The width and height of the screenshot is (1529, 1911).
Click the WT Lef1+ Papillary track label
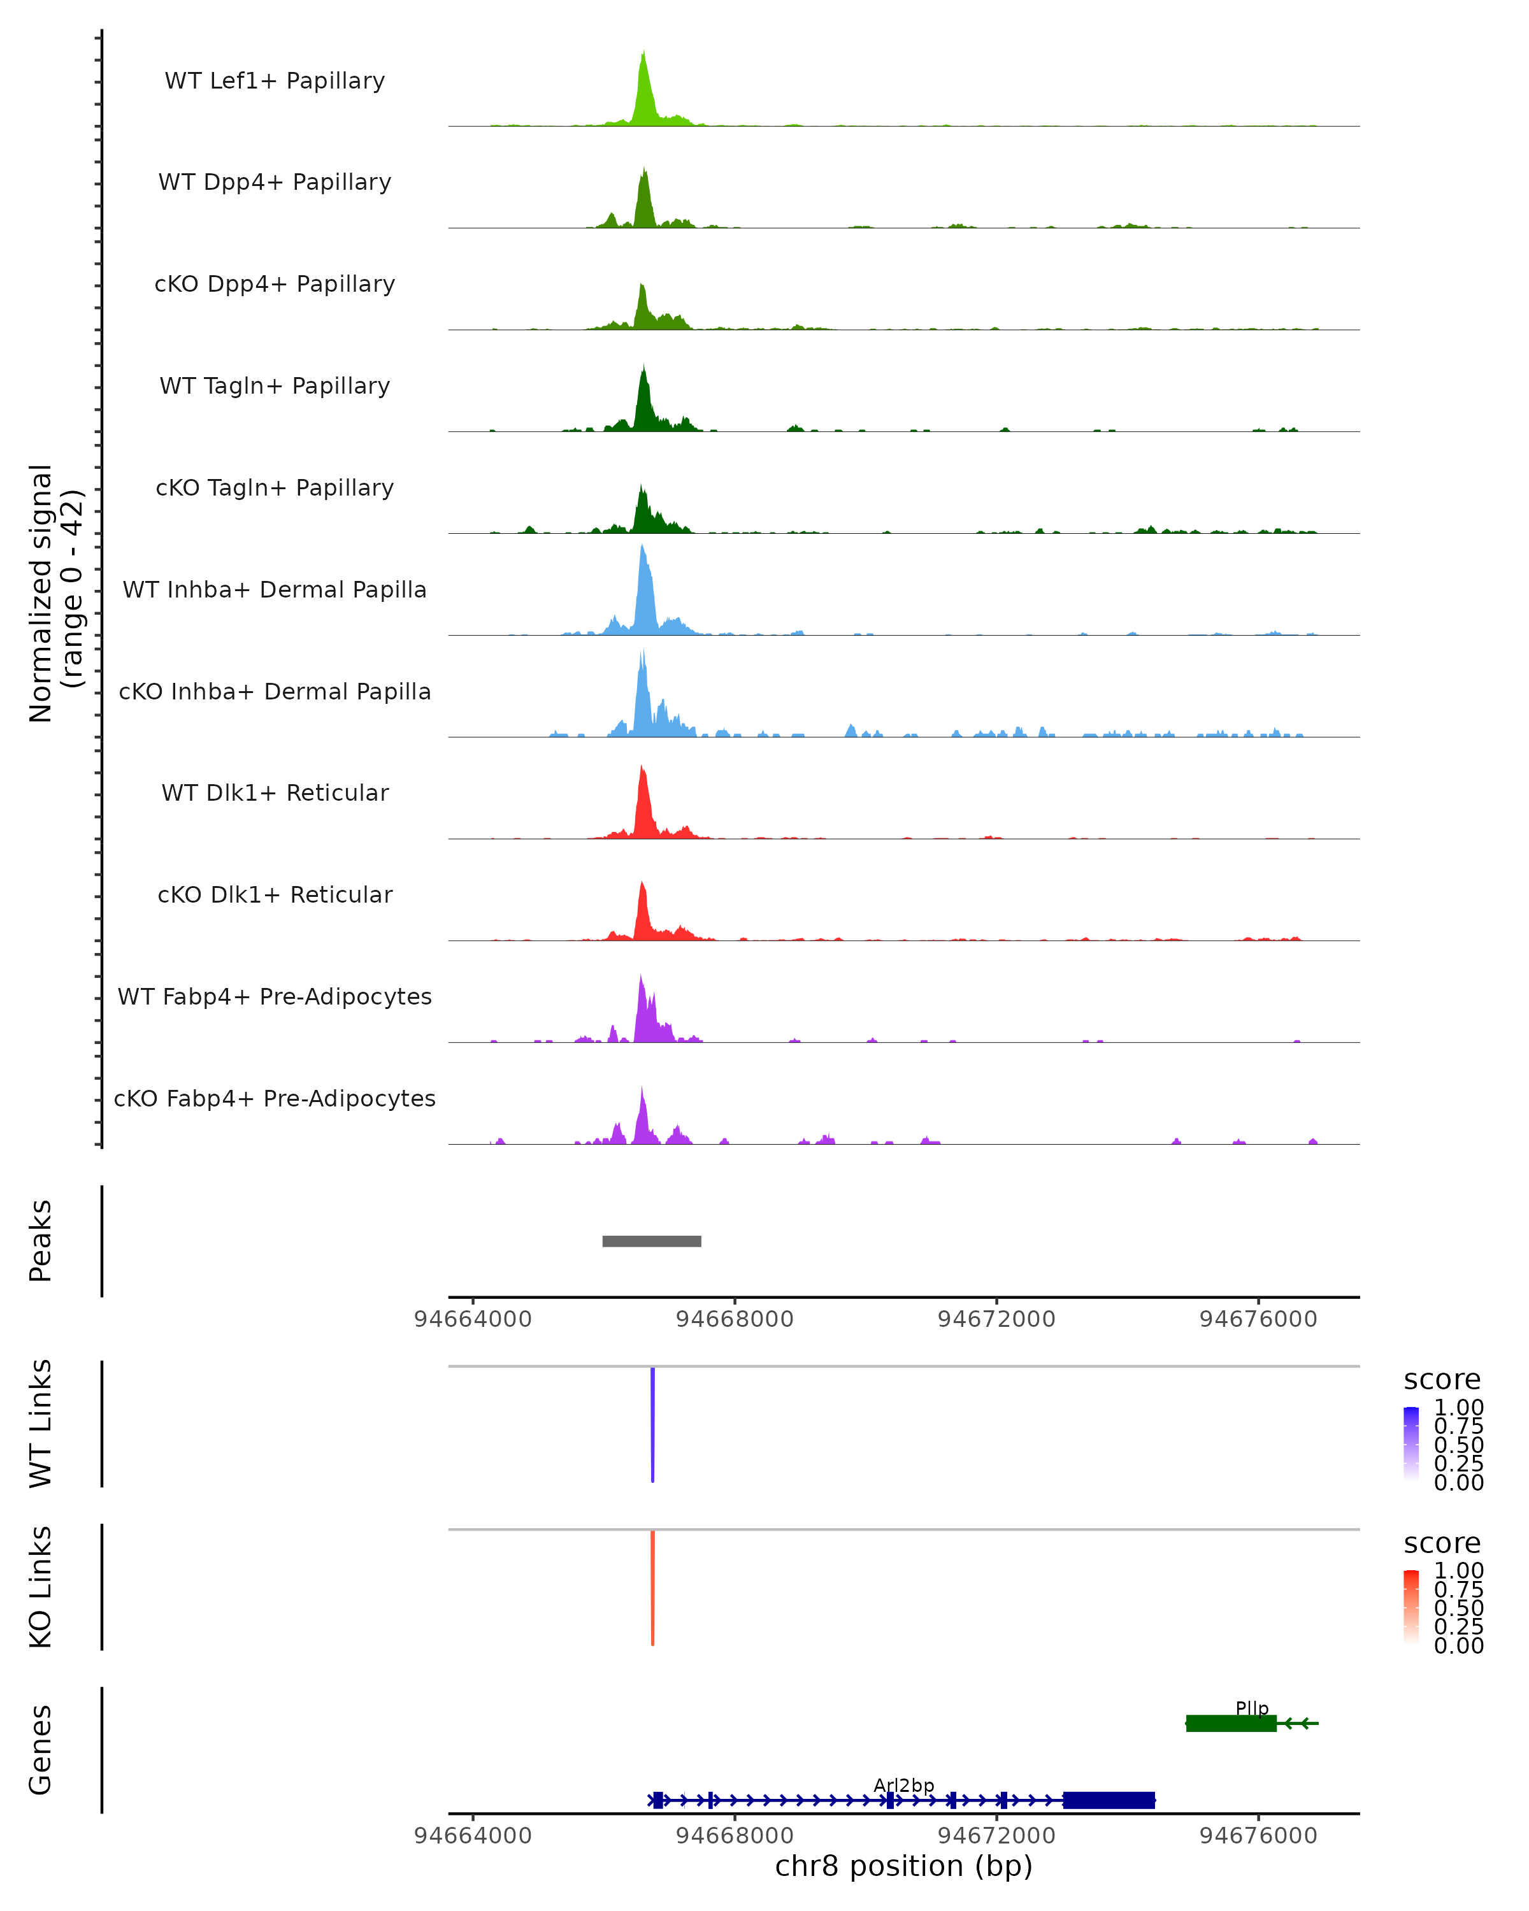click(275, 81)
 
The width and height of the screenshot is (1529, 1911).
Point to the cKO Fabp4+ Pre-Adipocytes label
click(275, 1098)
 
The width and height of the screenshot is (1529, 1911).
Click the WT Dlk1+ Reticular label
click(275, 792)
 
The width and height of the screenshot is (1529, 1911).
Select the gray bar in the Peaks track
click(652, 1241)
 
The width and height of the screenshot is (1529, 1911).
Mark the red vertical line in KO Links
click(652, 1587)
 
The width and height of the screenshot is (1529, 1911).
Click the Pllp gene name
click(1252, 1708)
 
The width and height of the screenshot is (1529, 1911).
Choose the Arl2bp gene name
click(903, 1785)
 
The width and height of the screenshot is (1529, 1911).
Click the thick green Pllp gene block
click(1230, 1723)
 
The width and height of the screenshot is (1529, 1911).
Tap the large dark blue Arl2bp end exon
click(1109, 1800)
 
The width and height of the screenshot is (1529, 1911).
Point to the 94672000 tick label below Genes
click(996, 1836)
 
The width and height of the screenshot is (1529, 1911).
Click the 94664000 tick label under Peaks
click(473, 1319)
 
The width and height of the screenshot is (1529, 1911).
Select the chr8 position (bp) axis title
click(903, 1866)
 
